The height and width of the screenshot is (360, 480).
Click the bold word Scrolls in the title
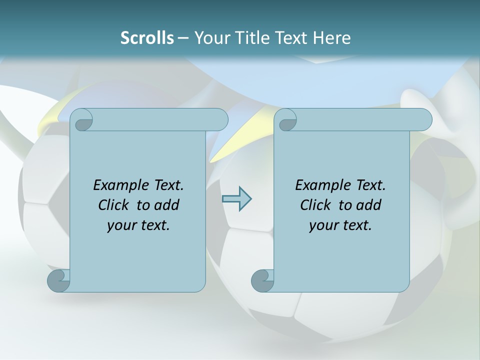point(147,38)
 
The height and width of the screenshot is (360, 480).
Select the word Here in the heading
point(331,38)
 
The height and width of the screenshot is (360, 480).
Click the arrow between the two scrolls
point(236,199)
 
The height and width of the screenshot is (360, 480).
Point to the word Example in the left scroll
point(116,185)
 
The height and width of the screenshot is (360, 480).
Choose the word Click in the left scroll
point(113,205)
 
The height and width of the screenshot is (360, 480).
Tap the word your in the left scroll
point(120,225)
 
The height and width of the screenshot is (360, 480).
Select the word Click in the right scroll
point(315,205)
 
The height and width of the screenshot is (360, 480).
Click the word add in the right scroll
point(368,205)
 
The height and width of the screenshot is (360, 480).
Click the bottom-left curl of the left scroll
point(58,280)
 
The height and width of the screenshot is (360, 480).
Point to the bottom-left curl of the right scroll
point(262,280)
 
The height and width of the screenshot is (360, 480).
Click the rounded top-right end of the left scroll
point(218,120)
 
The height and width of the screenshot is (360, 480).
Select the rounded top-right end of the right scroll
point(422,120)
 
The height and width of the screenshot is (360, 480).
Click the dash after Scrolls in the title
point(183,38)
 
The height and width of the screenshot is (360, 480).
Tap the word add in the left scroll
point(166,205)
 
